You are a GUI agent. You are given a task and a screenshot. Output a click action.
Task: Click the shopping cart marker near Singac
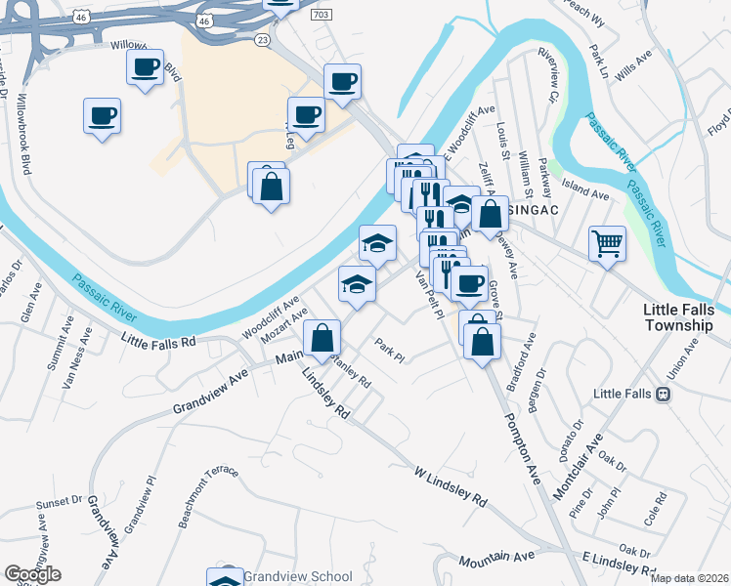click(x=607, y=243)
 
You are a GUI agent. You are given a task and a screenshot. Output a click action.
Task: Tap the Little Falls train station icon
click(x=664, y=394)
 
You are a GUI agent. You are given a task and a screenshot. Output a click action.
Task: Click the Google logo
click(x=32, y=574)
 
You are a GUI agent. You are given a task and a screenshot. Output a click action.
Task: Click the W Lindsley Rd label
click(x=449, y=485)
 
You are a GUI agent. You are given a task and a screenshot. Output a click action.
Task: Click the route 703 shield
click(x=321, y=16)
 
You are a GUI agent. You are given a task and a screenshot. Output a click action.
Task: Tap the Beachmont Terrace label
click(x=207, y=497)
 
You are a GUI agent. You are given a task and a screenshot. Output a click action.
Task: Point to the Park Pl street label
click(x=389, y=350)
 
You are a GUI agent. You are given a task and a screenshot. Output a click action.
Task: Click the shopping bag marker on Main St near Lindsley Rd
click(x=322, y=339)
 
